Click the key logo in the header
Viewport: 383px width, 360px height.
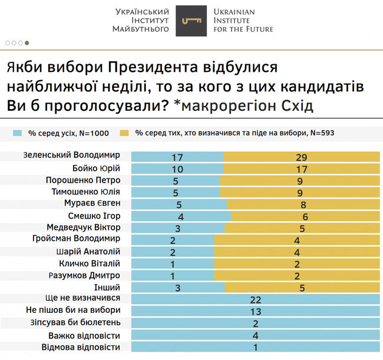click(191, 21)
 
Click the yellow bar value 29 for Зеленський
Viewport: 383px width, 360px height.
click(301, 157)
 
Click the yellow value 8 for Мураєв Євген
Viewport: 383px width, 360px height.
click(303, 205)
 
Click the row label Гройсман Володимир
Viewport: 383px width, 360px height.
click(77, 239)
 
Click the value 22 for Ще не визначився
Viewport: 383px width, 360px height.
click(255, 300)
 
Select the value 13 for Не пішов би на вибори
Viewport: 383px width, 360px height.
click(255, 312)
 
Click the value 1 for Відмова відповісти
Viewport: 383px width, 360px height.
click(255, 348)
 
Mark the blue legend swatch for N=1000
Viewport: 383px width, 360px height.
click(17, 133)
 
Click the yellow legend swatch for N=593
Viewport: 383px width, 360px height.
click(125, 133)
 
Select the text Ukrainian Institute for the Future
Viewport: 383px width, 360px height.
click(243, 20)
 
